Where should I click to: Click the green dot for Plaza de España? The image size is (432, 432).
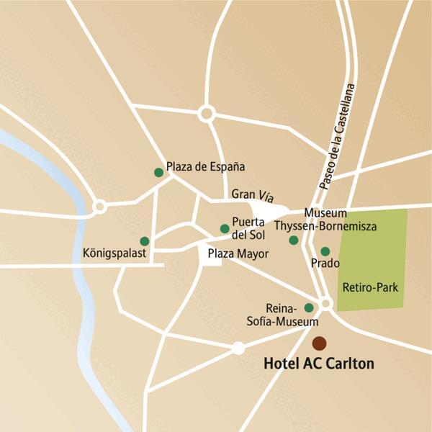158,172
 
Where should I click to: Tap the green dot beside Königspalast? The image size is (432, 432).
145,241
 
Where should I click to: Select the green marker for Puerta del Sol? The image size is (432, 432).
225,229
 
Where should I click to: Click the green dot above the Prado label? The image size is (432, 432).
325,251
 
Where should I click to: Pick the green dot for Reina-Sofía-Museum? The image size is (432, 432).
309,307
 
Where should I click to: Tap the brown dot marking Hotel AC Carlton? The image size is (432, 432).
318,343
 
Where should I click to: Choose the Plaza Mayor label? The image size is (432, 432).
238,254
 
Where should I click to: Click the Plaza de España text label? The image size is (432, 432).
205,166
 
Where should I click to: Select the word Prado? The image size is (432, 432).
325,264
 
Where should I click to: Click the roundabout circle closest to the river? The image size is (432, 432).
100,207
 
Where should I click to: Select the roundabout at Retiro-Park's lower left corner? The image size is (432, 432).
326,304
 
